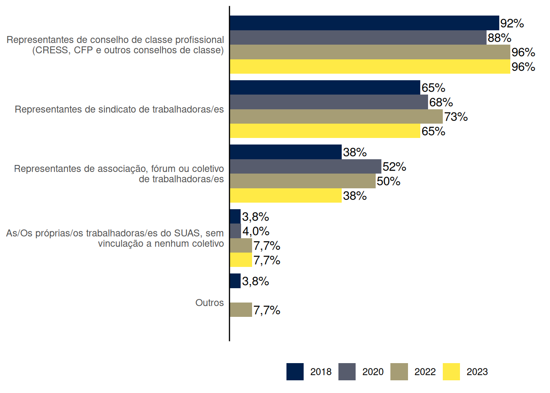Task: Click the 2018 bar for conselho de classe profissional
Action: (x=364, y=23)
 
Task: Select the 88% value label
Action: (x=499, y=38)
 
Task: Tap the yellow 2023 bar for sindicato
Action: (x=325, y=131)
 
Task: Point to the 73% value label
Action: (x=456, y=117)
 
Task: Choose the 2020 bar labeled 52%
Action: (x=305, y=167)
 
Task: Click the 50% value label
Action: (x=388, y=181)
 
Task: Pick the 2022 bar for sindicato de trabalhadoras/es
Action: (x=336, y=117)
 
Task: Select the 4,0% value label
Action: (x=256, y=231)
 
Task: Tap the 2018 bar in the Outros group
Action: (x=235, y=281)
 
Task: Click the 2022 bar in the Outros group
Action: (x=241, y=310)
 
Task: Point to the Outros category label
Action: (x=210, y=303)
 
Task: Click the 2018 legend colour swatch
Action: (x=295, y=372)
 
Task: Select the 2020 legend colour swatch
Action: (x=347, y=372)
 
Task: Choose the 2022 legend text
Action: (x=425, y=372)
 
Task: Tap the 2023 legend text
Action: (x=477, y=372)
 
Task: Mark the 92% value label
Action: (x=512, y=23)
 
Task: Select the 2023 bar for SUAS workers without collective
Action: (x=241, y=260)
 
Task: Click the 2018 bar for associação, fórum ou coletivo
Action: (x=286, y=152)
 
